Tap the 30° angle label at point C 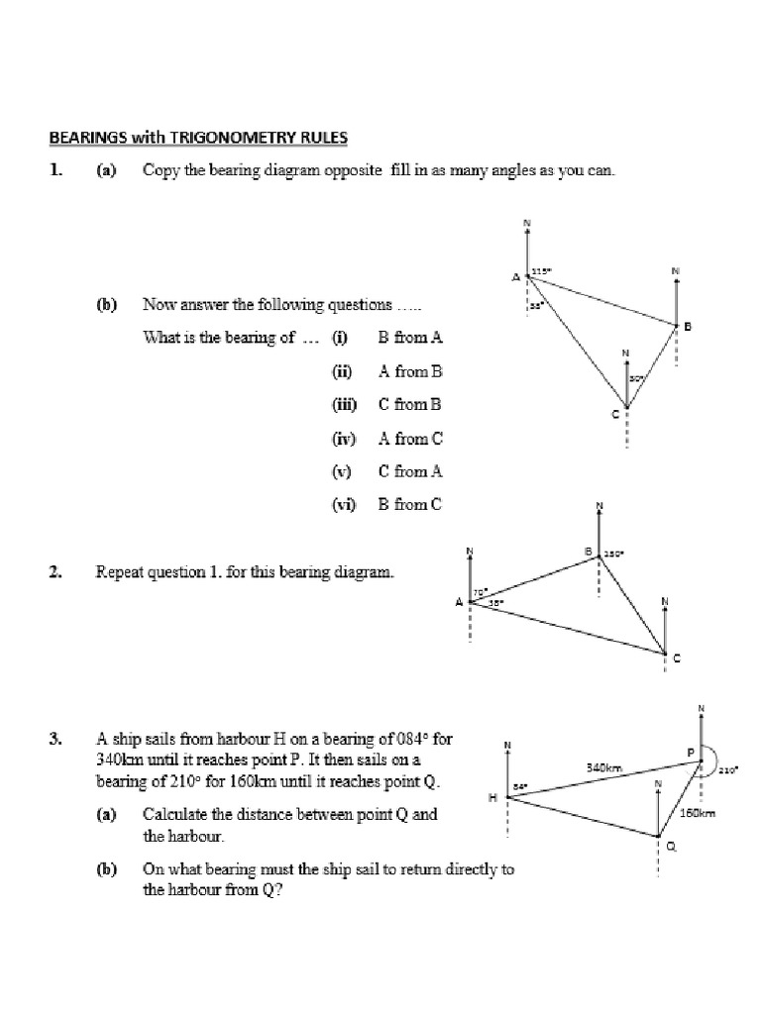pyautogui.click(x=636, y=377)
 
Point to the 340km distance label pyautogui.click(x=603, y=767)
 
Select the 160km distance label pyautogui.click(x=697, y=813)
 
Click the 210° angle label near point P pyautogui.click(x=730, y=768)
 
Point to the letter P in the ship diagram pyautogui.click(x=692, y=753)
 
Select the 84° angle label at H pyautogui.click(x=520, y=787)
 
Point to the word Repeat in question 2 pyautogui.click(x=119, y=571)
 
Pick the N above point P pyautogui.click(x=701, y=708)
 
